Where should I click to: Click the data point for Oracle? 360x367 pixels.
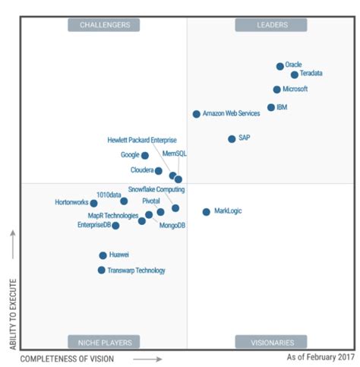[x=279, y=66]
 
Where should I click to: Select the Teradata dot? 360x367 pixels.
[x=294, y=74]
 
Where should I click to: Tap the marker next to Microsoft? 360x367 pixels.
[x=276, y=89]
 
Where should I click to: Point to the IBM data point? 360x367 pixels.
[x=270, y=107]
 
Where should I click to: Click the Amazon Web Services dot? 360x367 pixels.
[x=196, y=114]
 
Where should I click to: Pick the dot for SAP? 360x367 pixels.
[x=232, y=138]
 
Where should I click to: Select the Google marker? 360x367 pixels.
[x=145, y=155]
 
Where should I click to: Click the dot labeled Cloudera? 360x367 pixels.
[x=158, y=170]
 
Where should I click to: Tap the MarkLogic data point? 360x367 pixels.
[x=206, y=211]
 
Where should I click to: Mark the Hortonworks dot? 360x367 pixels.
[x=93, y=203]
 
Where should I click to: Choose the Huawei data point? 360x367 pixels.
[x=103, y=255]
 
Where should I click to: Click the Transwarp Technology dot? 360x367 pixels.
[x=101, y=270]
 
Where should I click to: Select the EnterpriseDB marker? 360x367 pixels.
[x=115, y=225]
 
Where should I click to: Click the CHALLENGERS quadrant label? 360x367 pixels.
[x=104, y=25]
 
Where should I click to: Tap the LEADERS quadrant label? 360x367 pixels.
[x=270, y=25]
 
